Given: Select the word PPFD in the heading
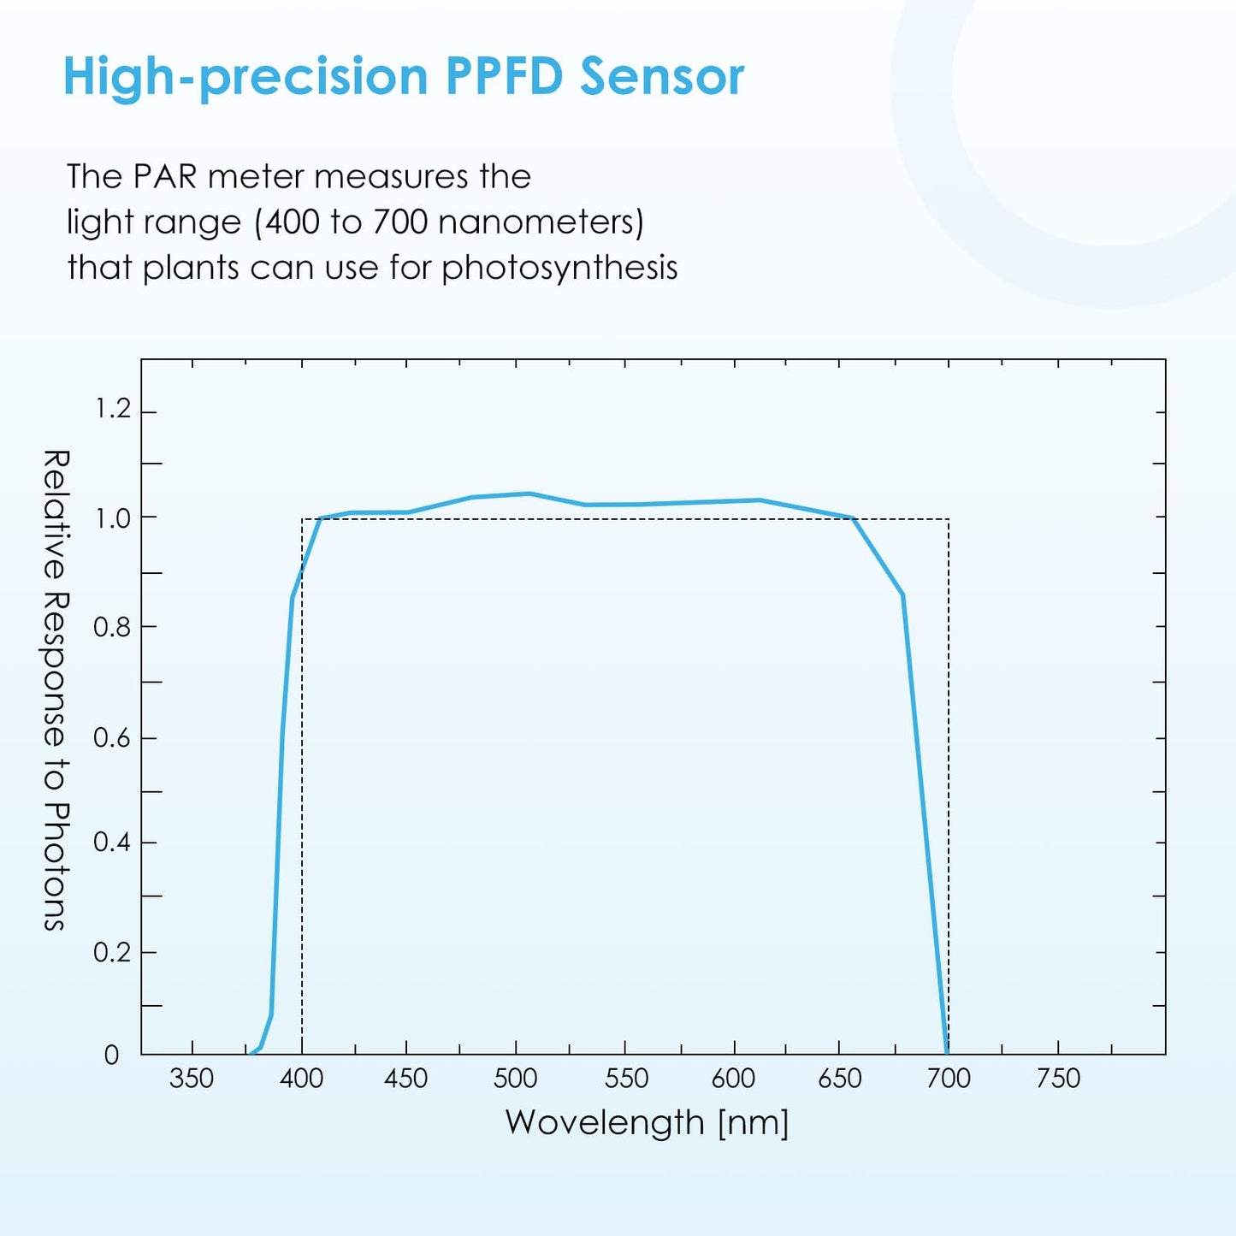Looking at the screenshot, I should [504, 77].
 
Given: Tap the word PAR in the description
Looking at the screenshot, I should [165, 177].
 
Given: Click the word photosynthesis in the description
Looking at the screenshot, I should [559, 269].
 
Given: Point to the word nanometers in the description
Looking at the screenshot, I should [540, 222].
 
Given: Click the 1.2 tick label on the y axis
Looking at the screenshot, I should [112, 409].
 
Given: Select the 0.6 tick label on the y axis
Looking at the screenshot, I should [112, 737].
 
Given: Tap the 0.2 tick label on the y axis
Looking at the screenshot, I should [112, 952].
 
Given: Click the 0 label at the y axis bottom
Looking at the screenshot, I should [112, 1056].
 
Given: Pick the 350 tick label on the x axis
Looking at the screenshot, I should [192, 1079].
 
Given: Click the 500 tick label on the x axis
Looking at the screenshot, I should [515, 1079].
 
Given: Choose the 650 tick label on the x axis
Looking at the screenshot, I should [839, 1079].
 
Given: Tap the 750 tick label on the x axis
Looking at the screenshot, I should [1058, 1079].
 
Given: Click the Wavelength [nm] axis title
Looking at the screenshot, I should [647, 1122].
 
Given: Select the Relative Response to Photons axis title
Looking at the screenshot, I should [55, 689].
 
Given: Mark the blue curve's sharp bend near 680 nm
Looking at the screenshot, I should [902, 594].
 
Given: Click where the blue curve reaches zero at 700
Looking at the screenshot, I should [947, 1052].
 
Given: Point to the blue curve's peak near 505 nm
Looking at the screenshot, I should [529, 494].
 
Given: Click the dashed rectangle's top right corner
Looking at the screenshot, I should [949, 519].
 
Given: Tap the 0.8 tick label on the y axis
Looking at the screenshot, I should [112, 627].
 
